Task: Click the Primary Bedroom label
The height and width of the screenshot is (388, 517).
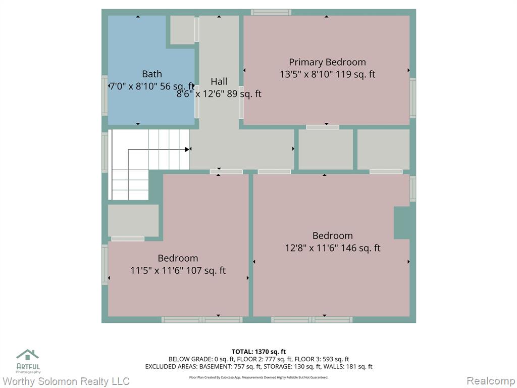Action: point(327,62)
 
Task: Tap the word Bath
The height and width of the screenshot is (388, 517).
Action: point(151,74)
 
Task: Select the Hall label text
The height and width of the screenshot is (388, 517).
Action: point(219,81)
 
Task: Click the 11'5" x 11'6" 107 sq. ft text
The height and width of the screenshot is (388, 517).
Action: point(178,271)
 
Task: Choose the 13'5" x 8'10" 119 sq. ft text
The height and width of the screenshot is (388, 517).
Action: point(327,74)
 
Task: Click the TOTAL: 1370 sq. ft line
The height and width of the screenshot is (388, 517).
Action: point(258,352)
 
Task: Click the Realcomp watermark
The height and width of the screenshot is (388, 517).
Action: point(491,381)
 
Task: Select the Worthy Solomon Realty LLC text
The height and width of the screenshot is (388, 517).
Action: point(66,381)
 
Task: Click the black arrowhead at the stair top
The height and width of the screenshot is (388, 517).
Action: point(187,150)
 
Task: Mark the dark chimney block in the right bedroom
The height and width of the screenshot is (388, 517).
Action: point(402,223)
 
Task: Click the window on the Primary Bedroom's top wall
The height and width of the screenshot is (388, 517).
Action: point(271,13)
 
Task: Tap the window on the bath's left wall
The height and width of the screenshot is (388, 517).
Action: point(105,95)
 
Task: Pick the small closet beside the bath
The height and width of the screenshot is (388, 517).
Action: point(182,30)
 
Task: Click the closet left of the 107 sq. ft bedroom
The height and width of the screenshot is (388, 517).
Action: point(133,220)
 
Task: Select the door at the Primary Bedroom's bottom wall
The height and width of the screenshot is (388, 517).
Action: point(323,127)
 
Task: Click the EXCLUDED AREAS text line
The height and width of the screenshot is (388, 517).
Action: point(258,366)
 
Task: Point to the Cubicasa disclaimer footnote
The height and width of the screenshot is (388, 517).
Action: point(258,377)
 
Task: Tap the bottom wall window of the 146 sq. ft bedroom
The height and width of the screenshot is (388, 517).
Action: point(312,320)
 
